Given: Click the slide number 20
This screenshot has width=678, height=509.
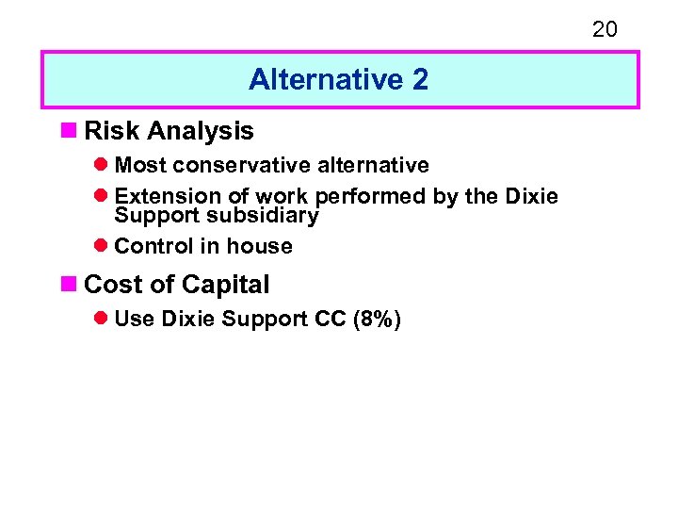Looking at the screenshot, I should tap(605, 29).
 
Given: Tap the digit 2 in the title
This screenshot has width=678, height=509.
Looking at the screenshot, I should tap(420, 80).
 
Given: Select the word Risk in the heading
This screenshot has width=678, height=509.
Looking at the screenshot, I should tap(111, 130).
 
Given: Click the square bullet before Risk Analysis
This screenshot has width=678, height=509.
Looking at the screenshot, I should tap(73, 130).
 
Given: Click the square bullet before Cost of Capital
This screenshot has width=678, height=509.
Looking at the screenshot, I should tap(73, 285).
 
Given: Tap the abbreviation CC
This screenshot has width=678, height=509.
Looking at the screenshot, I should tap(331, 320).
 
